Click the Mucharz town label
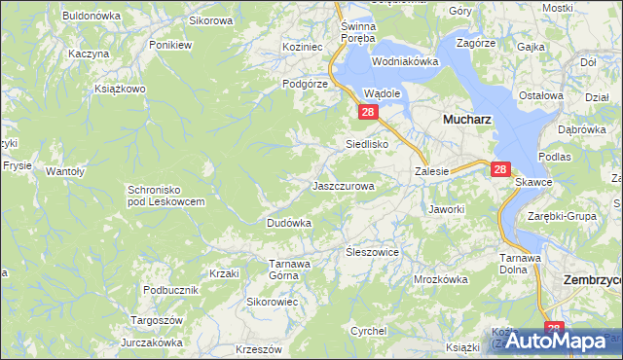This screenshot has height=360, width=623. (x=466, y=119)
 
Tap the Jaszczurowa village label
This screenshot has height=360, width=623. (x=343, y=185)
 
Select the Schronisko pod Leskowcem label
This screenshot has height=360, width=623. (x=165, y=195)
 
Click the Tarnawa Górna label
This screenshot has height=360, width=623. (x=290, y=269)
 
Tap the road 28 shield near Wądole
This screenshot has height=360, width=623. (x=369, y=113)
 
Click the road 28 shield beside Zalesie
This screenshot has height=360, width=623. (x=500, y=169)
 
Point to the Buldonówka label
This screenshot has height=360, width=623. (x=91, y=16)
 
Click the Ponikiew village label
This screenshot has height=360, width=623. (x=169, y=45)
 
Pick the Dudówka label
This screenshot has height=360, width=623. (x=288, y=223)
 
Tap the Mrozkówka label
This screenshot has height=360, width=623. (x=441, y=278)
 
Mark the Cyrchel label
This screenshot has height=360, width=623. (x=369, y=331)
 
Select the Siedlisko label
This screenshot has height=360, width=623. (x=368, y=144)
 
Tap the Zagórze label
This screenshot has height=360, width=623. (x=475, y=44)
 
